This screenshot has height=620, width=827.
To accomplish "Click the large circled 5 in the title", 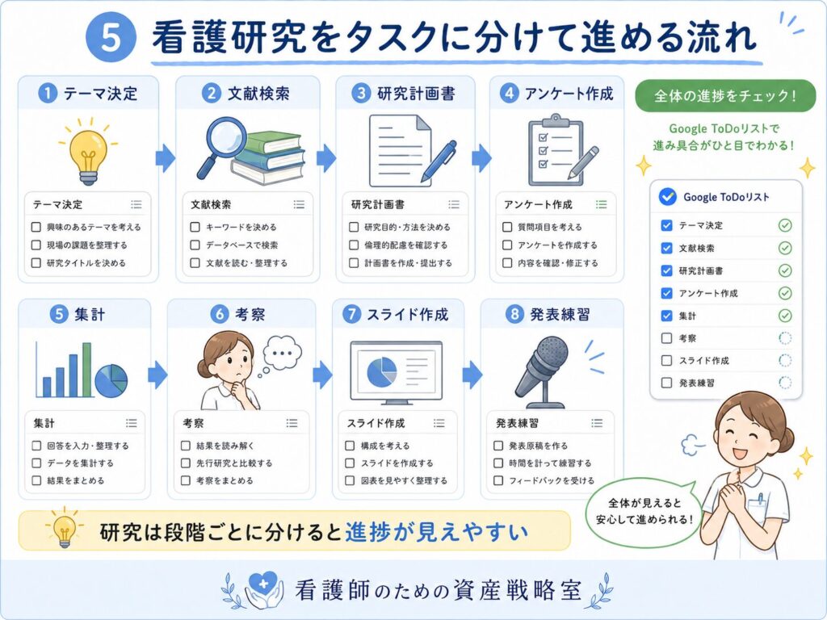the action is click(111, 37).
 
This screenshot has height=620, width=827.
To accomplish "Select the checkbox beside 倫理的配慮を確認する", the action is click(354, 245).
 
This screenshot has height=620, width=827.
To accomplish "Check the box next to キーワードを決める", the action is click(195, 227).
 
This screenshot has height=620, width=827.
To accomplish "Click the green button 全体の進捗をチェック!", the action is click(725, 96).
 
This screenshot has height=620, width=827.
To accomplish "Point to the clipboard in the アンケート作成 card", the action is click(556, 150).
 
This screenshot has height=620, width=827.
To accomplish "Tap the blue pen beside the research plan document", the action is click(439, 161).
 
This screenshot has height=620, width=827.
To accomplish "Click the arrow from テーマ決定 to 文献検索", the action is click(166, 157).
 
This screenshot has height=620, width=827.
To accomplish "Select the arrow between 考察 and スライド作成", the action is click(322, 375).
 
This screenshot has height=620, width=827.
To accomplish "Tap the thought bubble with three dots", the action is click(281, 354).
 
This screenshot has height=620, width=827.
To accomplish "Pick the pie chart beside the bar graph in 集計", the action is click(111, 381).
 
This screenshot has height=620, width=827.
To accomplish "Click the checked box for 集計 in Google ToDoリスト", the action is click(666, 316).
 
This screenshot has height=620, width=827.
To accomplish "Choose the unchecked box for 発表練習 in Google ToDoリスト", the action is click(666, 383).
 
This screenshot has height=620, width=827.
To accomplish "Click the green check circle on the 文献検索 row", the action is click(785, 248).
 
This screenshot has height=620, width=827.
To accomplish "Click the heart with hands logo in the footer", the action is click(263, 589).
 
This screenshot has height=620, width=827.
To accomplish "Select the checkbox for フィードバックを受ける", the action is click(497, 480).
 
